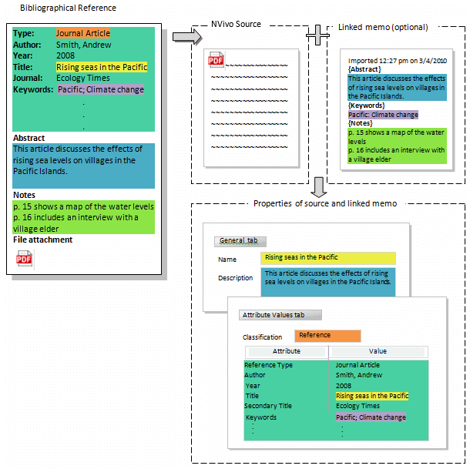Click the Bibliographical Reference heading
[68, 8]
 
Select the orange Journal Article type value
[83, 34]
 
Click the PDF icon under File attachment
[25, 260]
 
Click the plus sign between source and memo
[317, 35]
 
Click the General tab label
[239, 241]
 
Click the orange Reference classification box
[327, 336]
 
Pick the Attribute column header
[286, 351]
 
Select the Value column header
[378, 351]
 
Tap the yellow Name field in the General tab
[328, 258]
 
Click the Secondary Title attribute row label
[267, 406]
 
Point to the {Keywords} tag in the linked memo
[367, 106]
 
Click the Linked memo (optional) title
[383, 27]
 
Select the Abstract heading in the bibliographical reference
[29, 139]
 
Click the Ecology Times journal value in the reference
[83, 78]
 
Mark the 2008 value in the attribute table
[344, 385]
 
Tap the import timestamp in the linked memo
[397, 60]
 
